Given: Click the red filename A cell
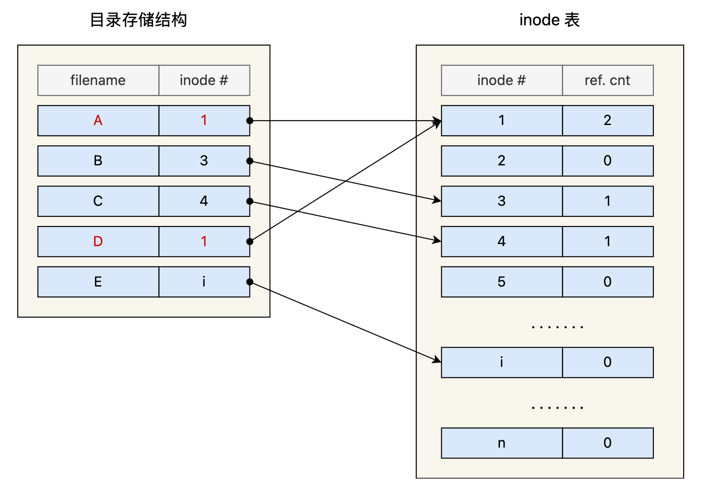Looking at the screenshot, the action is coord(98,121).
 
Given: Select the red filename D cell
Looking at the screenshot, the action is coord(98,241).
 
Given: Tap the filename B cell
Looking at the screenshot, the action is coord(98,161).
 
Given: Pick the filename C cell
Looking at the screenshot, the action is coord(98,201).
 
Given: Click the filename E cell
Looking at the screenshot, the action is coord(98,282).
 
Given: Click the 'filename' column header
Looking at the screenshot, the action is coord(98,80).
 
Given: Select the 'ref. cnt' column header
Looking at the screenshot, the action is coord(608,80).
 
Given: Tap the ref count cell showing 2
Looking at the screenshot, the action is coord(608,121).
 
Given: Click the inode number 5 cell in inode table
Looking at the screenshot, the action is coord(502,282).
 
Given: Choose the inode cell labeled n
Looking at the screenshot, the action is coord(502,443).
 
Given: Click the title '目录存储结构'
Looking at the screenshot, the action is coord(139,20).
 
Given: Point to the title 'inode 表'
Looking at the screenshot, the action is coord(550,20).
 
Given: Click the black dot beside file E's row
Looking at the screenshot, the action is coord(250,282).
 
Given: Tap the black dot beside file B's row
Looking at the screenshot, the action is coord(250,161).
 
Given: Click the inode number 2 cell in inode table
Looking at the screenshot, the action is coord(502,161).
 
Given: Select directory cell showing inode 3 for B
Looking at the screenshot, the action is coord(204,161).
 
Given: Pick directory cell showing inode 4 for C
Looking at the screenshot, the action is coord(204,201).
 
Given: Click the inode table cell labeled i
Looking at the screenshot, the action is coord(502,362).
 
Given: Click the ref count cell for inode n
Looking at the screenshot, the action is coord(608,443).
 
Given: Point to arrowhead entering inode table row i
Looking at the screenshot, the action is coord(437,360).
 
